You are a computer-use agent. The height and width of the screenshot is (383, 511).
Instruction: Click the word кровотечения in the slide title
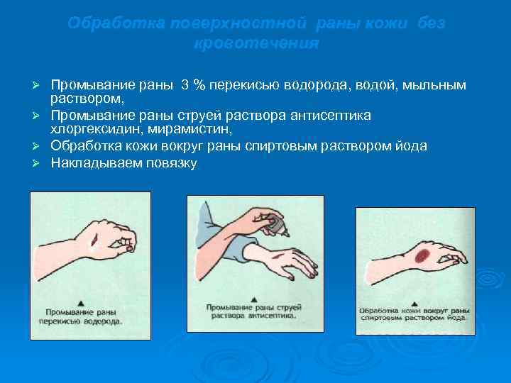click(255, 43)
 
